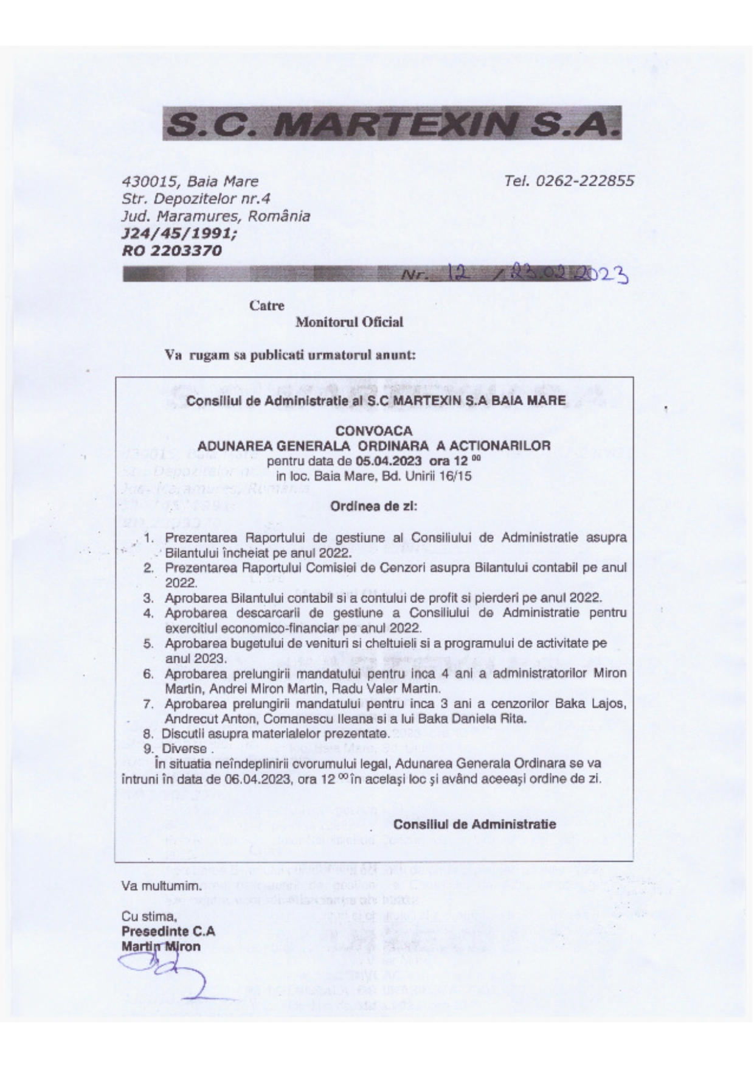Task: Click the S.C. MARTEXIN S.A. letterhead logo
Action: click(392, 124)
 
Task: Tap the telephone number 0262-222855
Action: click(584, 181)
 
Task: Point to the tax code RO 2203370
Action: click(171, 250)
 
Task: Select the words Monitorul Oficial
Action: click(349, 323)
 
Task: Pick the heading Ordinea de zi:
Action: click(374, 506)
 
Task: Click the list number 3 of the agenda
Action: click(148, 598)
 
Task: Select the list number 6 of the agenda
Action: click(148, 674)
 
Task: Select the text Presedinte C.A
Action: click(168, 932)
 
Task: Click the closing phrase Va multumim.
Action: click(161, 886)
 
